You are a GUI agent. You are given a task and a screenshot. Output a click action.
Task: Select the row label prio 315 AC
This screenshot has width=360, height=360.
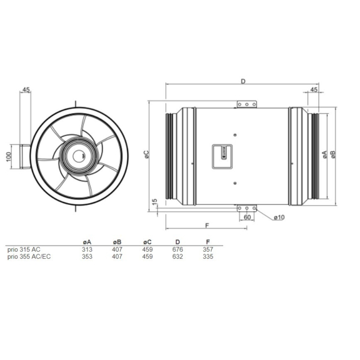pos(23,249)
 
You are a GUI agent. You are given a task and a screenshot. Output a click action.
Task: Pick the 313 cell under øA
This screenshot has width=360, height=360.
pos(87,249)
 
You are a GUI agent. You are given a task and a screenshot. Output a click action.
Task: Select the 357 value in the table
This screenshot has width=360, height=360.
pos(207,249)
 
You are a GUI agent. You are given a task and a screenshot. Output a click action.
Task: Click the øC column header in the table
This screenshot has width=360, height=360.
pos(147,241)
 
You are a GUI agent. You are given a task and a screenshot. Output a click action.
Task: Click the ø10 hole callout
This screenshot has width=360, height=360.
pos(279,217)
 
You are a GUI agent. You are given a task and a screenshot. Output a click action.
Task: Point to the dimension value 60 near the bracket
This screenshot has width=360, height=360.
pos(247,217)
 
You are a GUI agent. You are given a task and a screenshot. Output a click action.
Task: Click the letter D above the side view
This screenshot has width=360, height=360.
pos(242,81)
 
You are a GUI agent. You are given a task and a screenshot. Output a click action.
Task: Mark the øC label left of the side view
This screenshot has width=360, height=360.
pos(146,154)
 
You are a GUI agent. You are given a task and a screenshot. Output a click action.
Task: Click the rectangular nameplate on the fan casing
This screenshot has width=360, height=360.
pos(223,154)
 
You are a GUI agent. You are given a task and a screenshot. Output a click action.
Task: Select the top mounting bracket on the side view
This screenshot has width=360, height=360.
pos(247,104)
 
